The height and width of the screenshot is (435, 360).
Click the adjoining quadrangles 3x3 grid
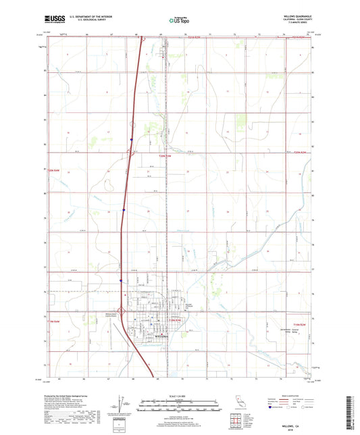tap(238, 422)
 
